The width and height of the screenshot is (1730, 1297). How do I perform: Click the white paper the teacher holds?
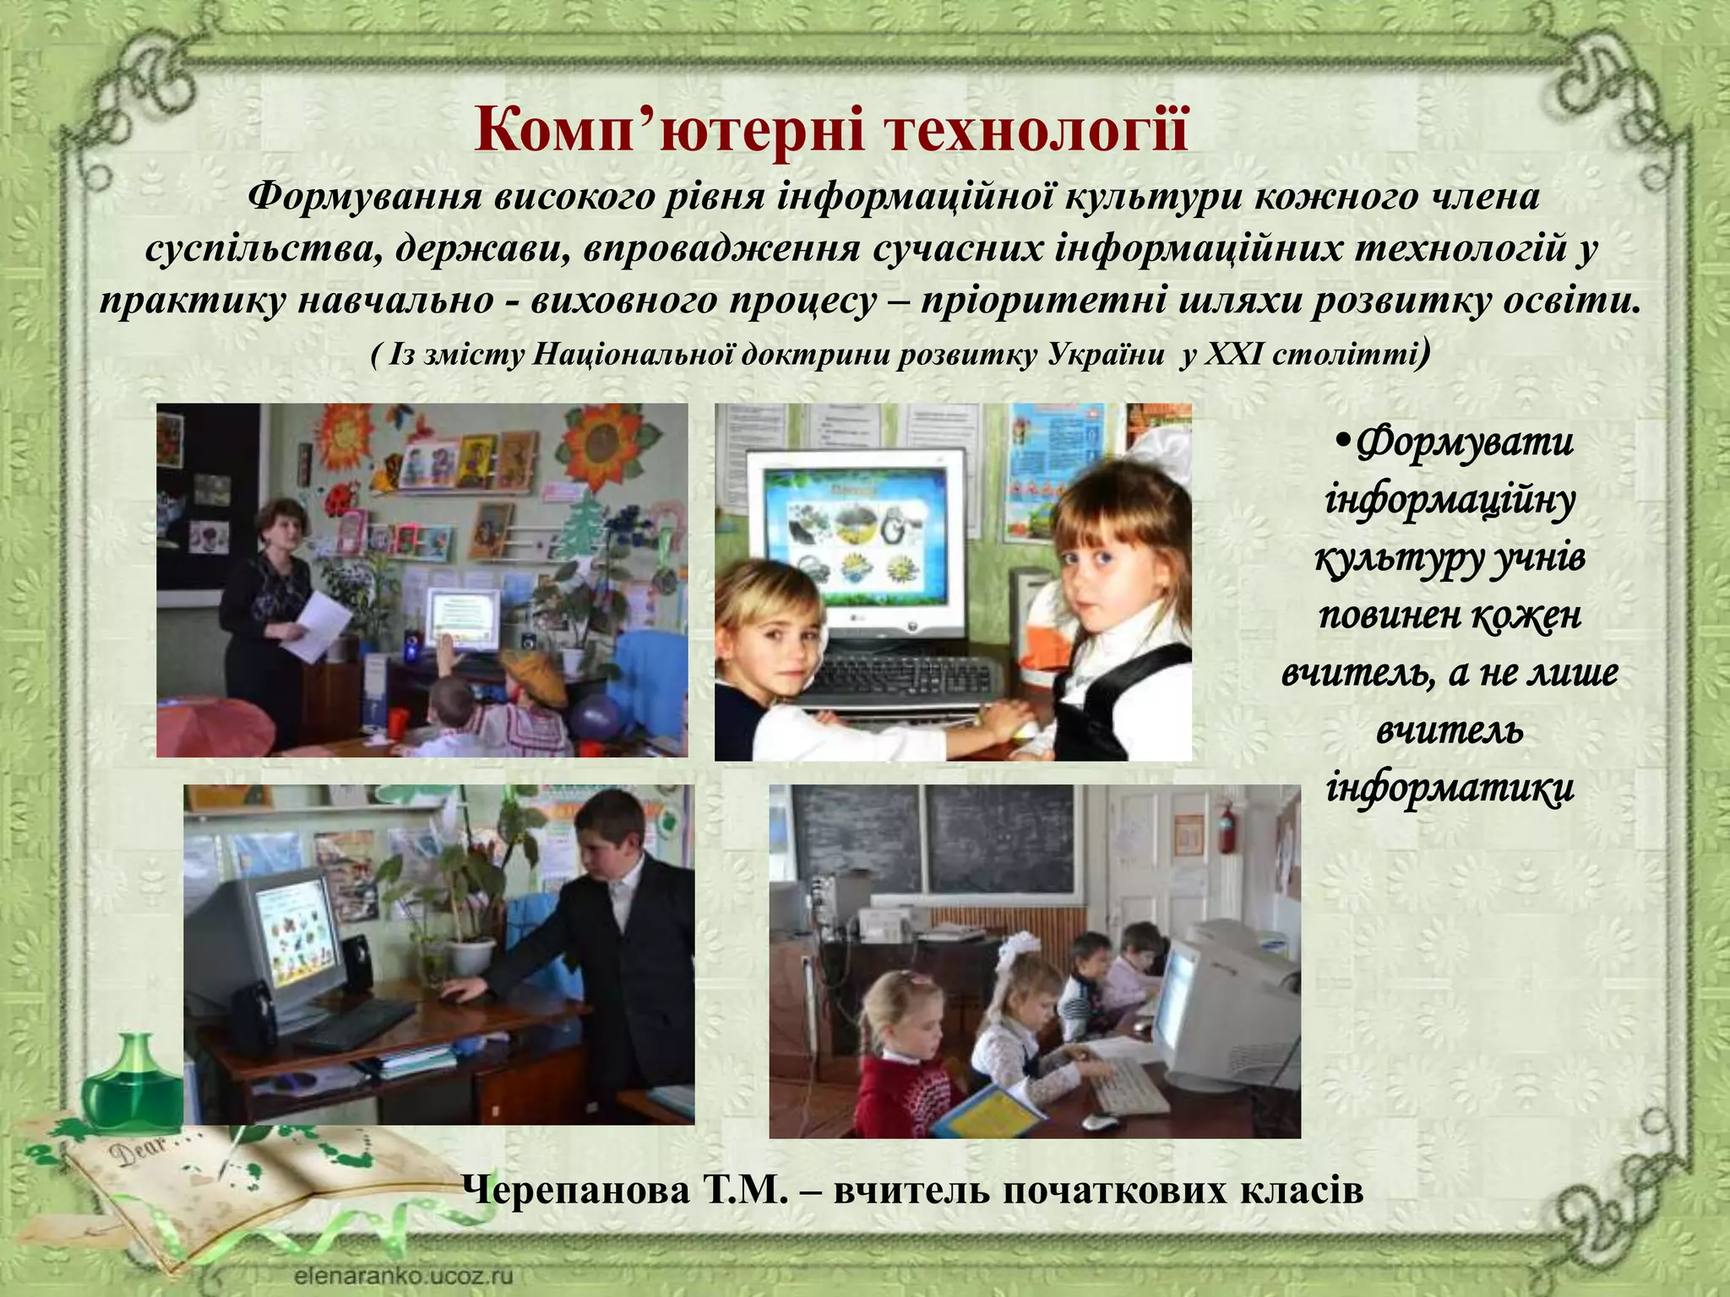click(317, 625)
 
